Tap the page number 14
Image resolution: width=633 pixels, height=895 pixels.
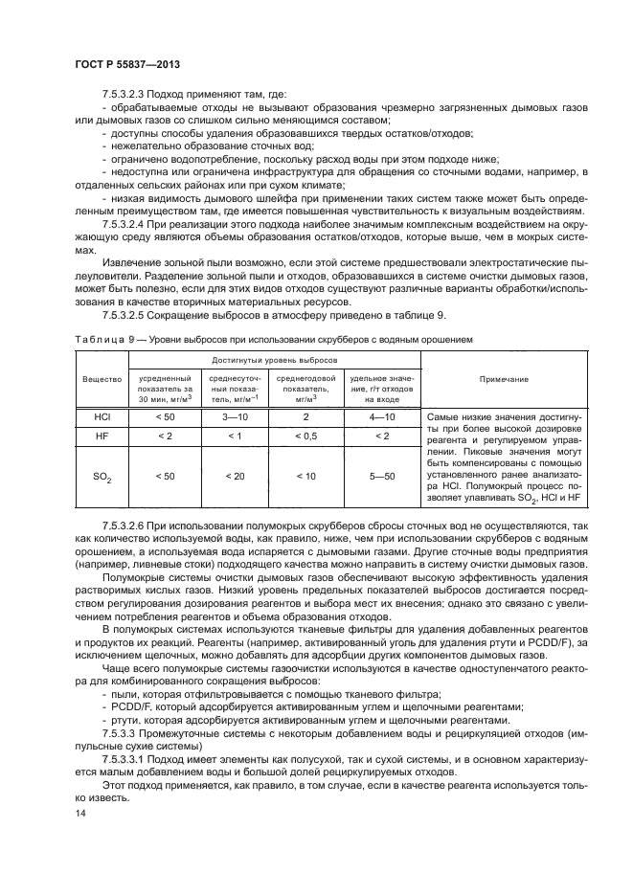tap(80, 812)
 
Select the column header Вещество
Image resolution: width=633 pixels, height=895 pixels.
tap(102, 379)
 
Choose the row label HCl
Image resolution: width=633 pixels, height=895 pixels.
tap(102, 417)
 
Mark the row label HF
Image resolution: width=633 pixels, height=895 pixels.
tap(102, 436)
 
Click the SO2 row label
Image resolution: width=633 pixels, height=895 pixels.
tap(102, 477)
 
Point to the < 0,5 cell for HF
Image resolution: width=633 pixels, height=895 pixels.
tap(306, 436)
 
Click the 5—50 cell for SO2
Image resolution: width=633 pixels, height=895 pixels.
tap(381, 476)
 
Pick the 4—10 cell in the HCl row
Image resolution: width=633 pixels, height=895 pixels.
tap(381, 417)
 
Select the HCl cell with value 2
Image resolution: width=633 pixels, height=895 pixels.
tap(306, 417)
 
